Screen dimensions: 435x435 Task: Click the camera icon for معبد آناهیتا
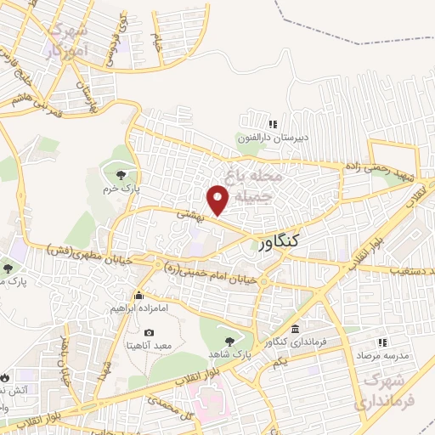coord(150,332)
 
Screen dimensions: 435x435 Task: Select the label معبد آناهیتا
coord(150,346)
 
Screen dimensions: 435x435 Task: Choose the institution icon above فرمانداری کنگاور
coord(295,329)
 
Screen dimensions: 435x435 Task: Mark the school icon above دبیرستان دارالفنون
coord(272,124)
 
